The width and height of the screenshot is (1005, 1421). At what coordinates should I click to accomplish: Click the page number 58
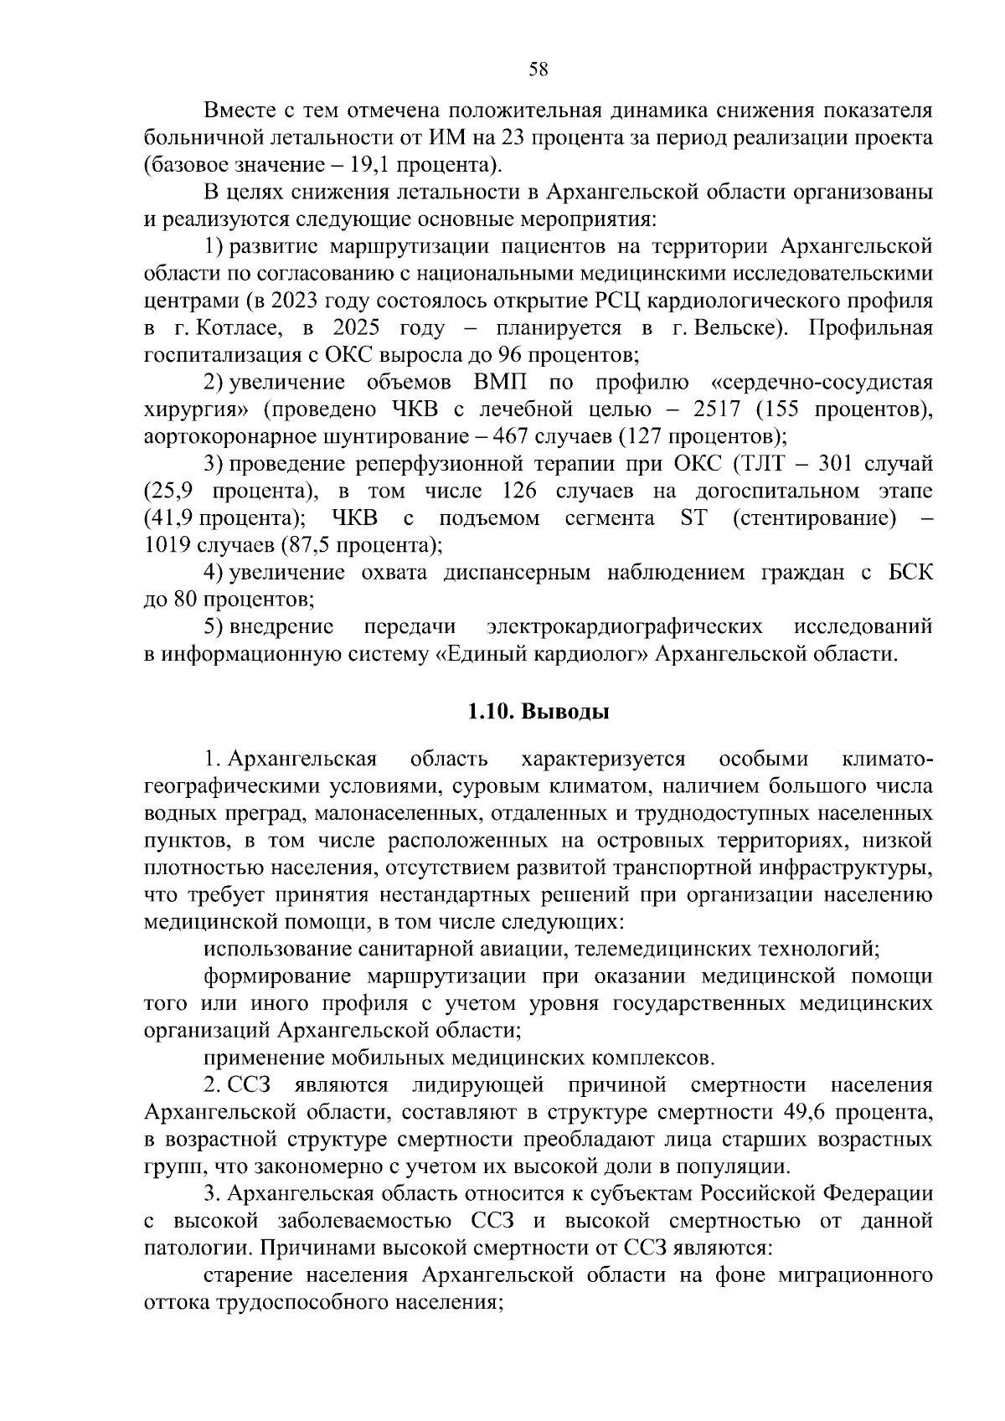tap(539, 70)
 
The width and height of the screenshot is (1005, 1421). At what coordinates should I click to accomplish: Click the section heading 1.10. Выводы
tap(539, 712)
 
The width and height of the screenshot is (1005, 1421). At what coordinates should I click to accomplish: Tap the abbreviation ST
tap(693, 518)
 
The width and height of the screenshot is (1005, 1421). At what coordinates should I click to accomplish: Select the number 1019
tap(167, 545)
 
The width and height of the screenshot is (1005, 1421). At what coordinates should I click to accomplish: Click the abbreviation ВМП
tap(501, 383)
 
